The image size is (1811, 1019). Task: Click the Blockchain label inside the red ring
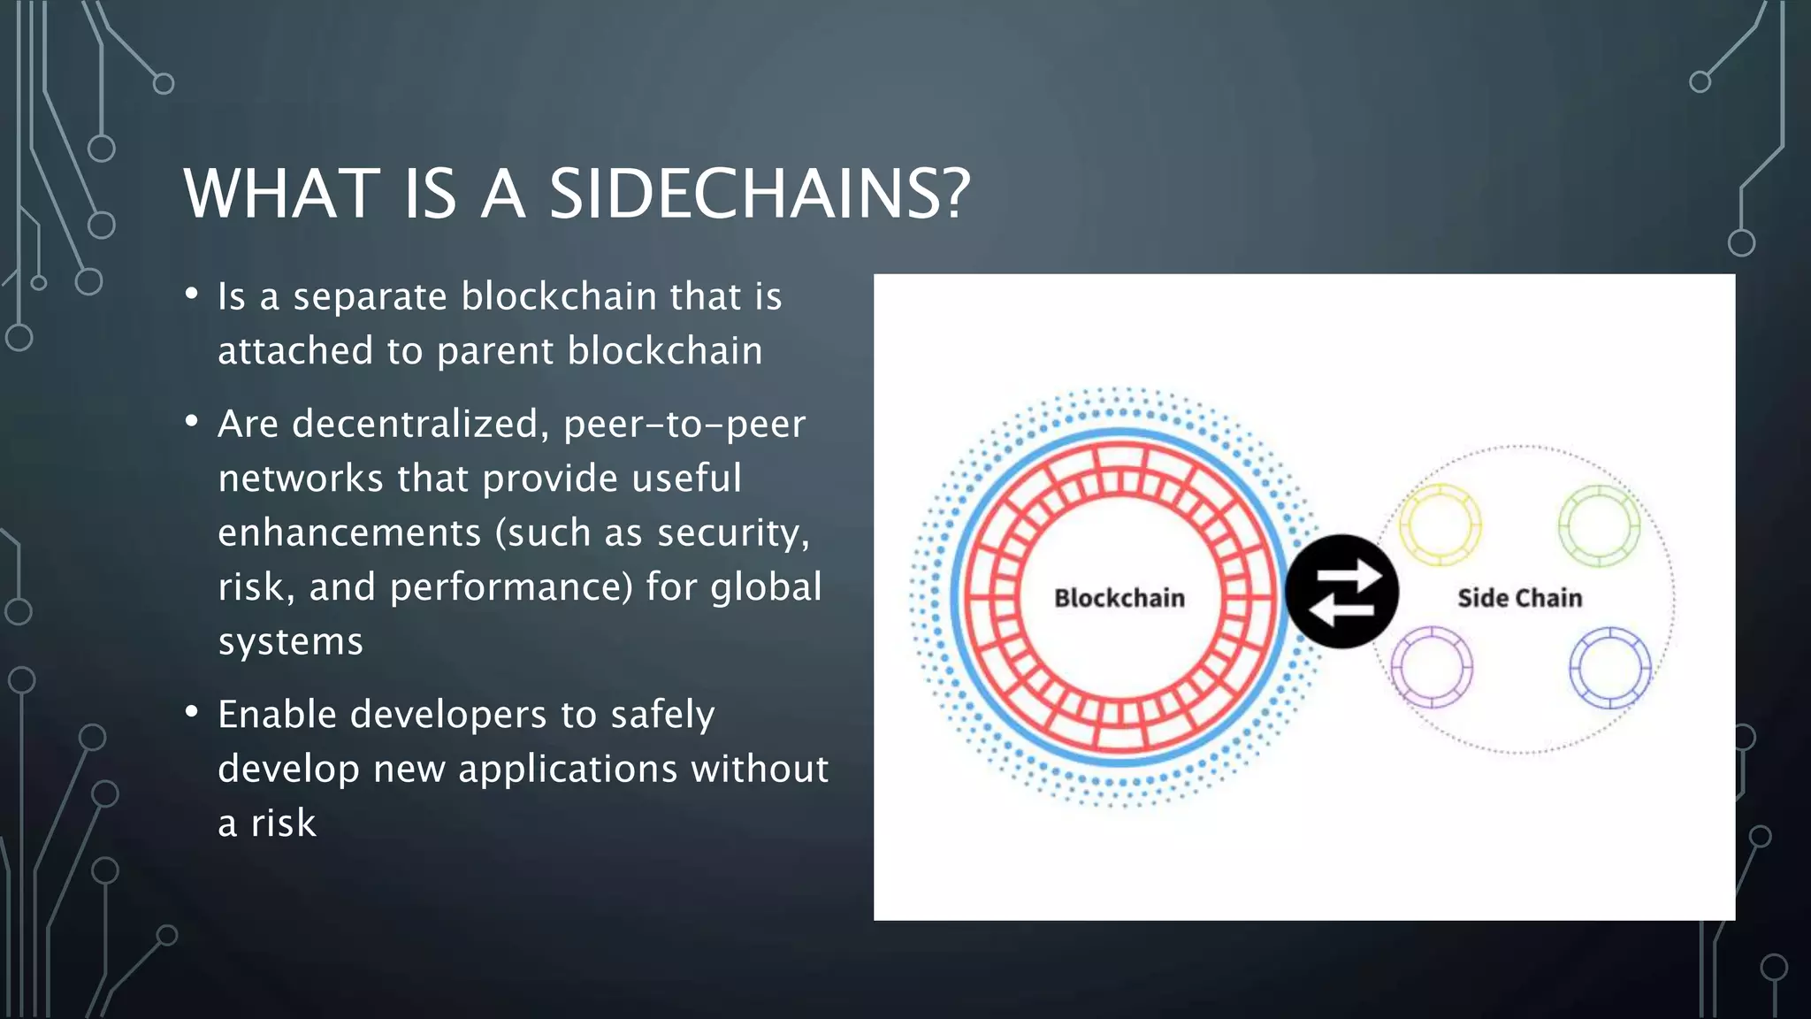coord(1119,598)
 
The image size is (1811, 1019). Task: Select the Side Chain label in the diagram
coord(1519,598)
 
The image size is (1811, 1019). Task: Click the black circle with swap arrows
coord(1341,591)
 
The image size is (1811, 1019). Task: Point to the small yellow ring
coord(1440,525)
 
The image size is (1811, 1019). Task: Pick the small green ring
coord(1599,525)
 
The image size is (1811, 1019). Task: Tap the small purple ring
coord(1432,667)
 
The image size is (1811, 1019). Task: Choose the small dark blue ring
coord(1609,668)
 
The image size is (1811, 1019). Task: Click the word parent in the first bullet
coord(495,351)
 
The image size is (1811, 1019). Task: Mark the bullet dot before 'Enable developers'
coord(192,711)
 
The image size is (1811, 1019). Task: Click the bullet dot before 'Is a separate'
coord(192,294)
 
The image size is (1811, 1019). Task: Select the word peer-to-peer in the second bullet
coord(684,424)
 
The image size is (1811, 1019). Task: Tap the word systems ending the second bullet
coord(290,641)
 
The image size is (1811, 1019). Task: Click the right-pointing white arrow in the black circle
coord(1350,576)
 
